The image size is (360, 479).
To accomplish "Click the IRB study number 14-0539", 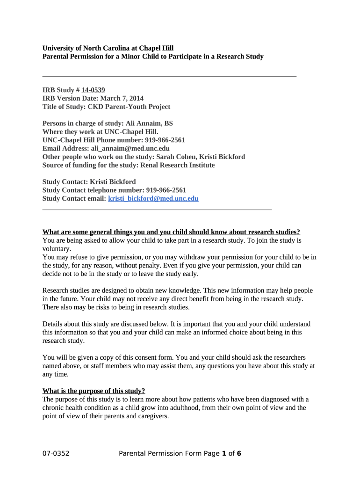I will tap(93, 90).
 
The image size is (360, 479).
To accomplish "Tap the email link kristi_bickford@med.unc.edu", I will tap(153, 198).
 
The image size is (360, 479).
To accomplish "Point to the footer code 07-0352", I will tap(56, 453).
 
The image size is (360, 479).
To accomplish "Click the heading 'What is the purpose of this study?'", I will tap(94, 391).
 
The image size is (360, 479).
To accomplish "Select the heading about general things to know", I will tap(171, 232).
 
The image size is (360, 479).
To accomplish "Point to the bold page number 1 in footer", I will tap(224, 453).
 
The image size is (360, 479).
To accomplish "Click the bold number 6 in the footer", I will tap(239, 453).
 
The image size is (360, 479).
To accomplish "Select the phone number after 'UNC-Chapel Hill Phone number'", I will tap(165, 140).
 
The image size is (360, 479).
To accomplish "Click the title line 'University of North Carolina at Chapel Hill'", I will tap(108, 48).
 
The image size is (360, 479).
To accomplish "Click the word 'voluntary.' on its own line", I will tap(57, 249).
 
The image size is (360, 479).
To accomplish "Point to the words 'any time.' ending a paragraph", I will tap(55, 374).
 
